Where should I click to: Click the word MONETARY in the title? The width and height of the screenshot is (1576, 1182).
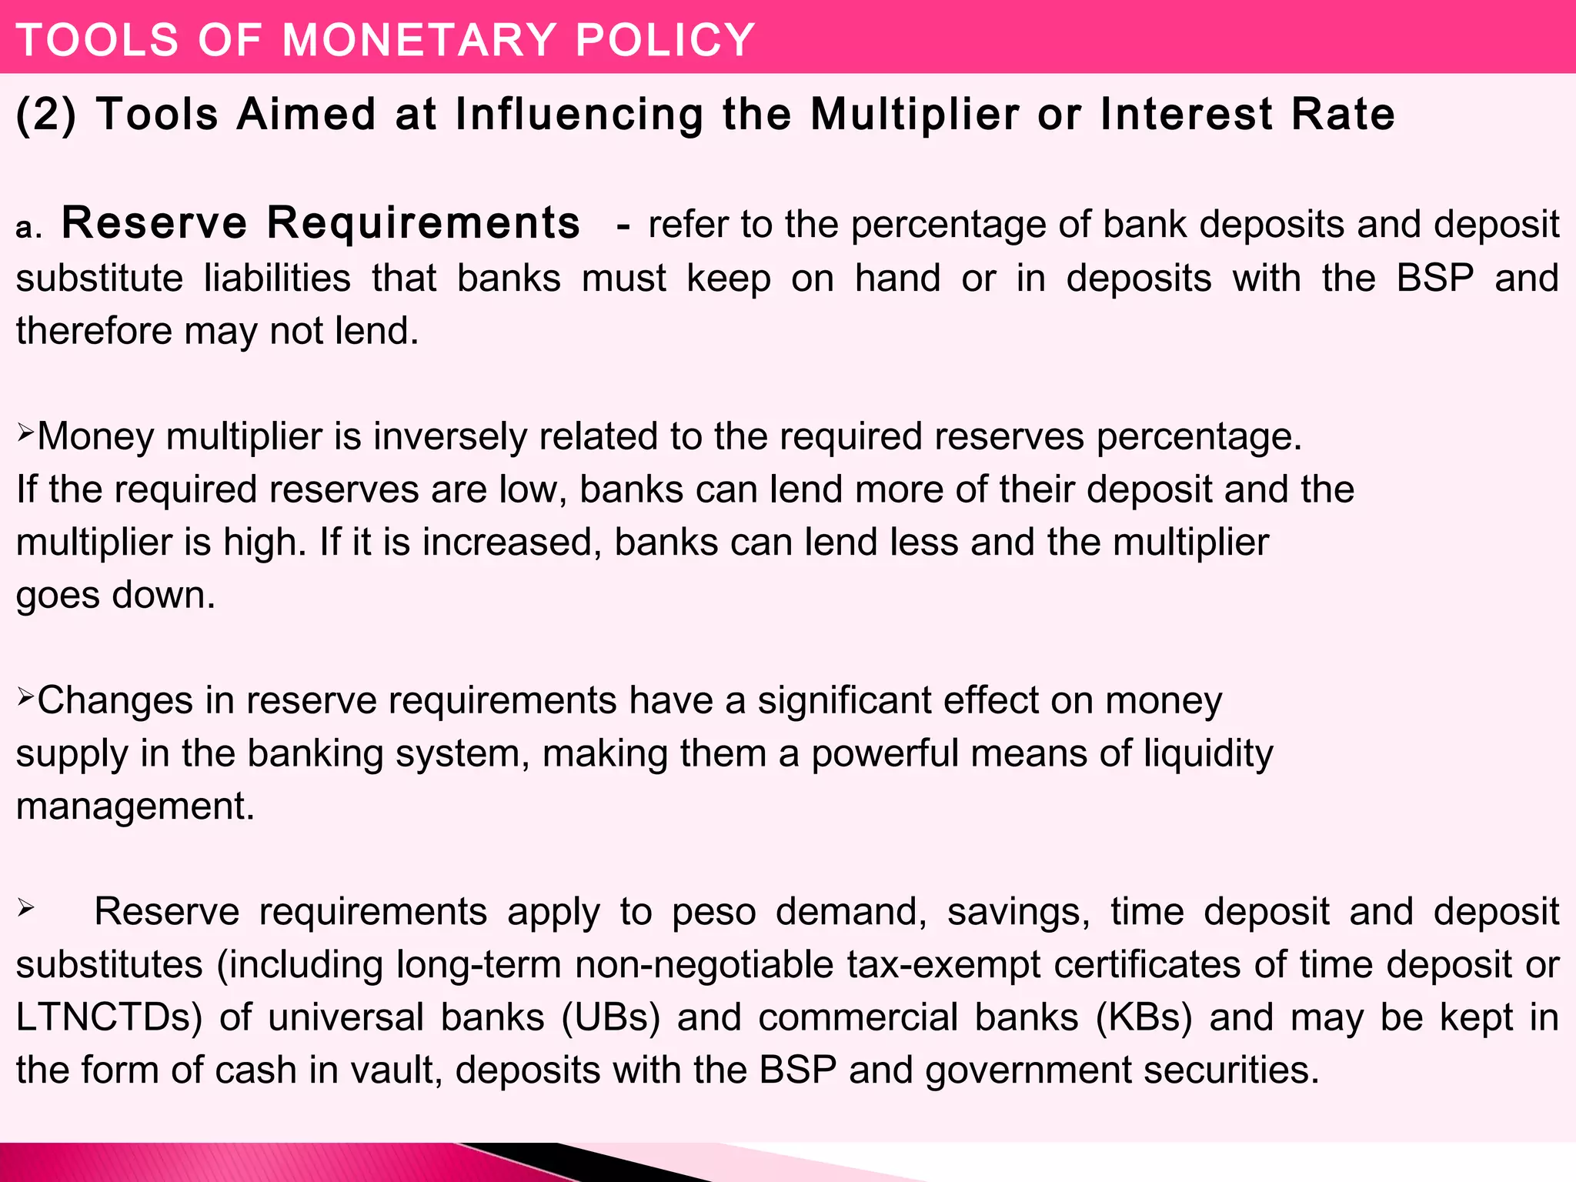[x=419, y=40]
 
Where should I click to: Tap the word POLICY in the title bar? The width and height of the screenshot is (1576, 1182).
[x=665, y=40]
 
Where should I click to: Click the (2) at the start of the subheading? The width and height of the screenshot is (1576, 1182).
[x=46, y=115]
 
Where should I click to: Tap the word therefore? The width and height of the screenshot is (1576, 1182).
[x=94, y=331]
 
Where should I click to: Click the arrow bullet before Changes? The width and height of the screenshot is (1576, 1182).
[x=25, y=696]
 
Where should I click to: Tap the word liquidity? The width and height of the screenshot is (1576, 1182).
[x=1208, y=754]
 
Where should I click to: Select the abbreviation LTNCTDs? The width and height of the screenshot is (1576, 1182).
[x=109, y=1017]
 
